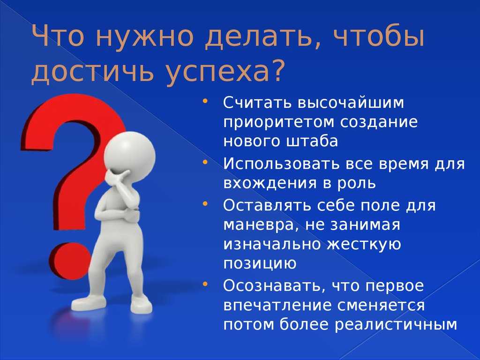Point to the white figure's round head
tap(129, 157)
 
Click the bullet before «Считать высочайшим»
tap(205, 101)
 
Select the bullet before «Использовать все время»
tap(205, 162)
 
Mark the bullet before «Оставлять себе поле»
tap(205, 203)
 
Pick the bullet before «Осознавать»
tap(205, 284)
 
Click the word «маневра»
tap(260, 225)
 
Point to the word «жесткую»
tap(364, 244)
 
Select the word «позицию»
tap(260, 264)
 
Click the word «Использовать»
tap(281, 164)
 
